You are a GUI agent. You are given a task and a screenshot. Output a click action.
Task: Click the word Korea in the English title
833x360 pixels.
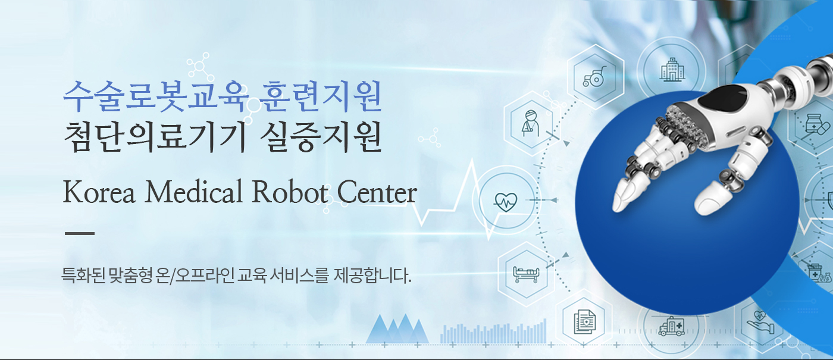coord(99,192)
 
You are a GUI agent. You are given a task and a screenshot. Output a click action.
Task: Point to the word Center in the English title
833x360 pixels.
coord(377,192)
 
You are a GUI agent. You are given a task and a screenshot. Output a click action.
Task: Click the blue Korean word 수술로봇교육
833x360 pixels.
coord(156,96)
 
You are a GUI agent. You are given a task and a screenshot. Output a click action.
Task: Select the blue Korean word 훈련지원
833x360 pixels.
coord(321,96)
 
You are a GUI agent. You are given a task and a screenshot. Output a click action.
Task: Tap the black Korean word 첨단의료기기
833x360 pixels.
coord(155,137)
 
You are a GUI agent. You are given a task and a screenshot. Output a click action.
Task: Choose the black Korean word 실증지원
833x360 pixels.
coord(321,137)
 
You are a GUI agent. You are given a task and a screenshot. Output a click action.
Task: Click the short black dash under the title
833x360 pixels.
coord(80,233)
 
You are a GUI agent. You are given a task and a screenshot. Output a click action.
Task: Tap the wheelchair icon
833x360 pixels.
coord(594,77)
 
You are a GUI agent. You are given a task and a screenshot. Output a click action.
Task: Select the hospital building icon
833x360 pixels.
coord(672,70)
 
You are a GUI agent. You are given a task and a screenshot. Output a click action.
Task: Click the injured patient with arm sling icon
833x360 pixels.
coord(530,123)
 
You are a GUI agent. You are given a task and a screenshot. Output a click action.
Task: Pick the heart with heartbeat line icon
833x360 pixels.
coord(505,202)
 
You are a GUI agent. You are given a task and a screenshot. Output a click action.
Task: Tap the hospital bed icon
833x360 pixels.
coord(525,274)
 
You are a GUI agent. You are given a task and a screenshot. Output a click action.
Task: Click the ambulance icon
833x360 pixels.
coord(671,326)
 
